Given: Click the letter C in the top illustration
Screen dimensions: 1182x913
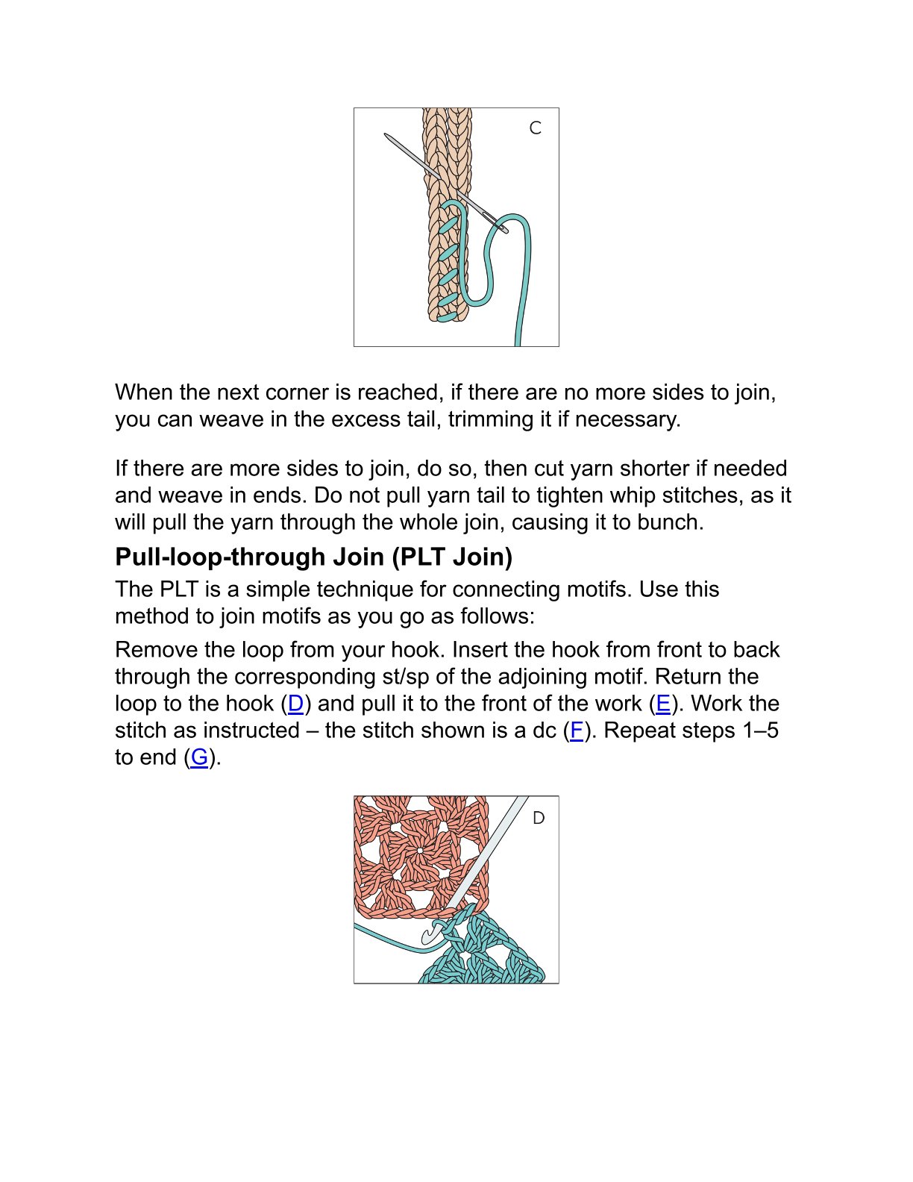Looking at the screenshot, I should tap(535, 128).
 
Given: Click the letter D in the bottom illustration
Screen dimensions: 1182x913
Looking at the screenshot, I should tap(539, 819).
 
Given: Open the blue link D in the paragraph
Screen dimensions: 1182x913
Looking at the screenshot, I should tap(295, 704).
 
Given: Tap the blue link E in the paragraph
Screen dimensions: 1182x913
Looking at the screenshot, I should tap(662, 704).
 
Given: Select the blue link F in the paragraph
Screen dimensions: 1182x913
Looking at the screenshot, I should tap(576, 731).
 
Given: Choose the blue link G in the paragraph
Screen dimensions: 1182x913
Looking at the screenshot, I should tap(199, 757).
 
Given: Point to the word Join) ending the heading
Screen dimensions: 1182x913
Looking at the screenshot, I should tap(483, 557).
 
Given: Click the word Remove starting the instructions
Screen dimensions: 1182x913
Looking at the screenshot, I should tap(156, 650).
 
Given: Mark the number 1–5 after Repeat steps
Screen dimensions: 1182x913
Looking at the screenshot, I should tap(760, 731).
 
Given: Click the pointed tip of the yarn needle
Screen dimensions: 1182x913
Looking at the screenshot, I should tap(386, 136).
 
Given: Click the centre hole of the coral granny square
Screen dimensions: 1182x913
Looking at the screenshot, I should tap(420, 851).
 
